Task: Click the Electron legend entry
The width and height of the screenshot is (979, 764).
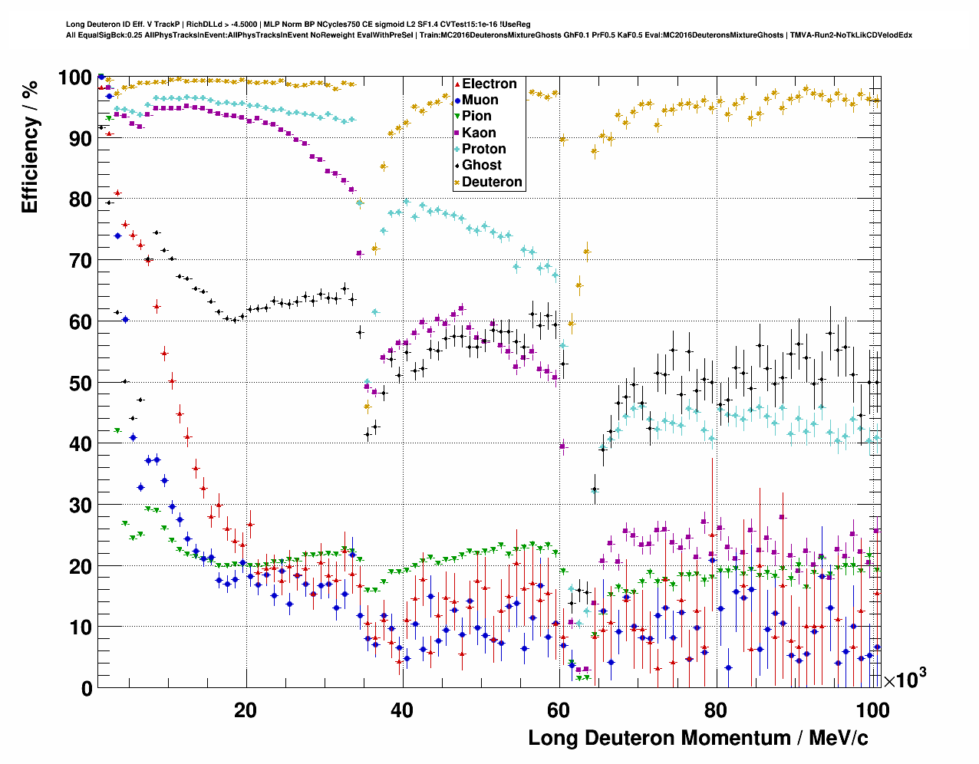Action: pyautogui.click(x=489, y=84)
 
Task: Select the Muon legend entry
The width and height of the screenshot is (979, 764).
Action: pyautogui.click(x=480, y=100)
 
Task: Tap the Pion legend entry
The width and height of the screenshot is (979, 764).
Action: pyautogui.click(x=476, y=116)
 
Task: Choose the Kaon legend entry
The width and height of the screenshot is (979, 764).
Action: pyautogui.click(x=479, y=133)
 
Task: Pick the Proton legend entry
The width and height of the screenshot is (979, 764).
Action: pyautogui.click(x=483, y=149)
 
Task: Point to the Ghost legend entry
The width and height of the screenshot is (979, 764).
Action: pyautogui.click(x=481, y=165)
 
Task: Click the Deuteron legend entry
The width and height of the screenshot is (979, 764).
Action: pyautogui.click(x=492, y=182)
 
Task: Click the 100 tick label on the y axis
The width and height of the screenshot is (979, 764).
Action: pyautogui.click(x=74, y=77)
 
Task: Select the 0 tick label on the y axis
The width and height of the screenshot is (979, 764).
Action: pyautogui.click(x=86, y=688)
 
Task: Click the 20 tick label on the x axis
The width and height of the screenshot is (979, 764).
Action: pyautogui.click(x=246, y=710)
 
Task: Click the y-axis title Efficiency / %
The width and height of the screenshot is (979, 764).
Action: pyautogui.click(x=30, y=147)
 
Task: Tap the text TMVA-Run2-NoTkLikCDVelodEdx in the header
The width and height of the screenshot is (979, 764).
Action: pyautogui.click(x=851, y=35)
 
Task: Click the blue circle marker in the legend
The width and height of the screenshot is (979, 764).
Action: pyautogui.click(x=457, y=100)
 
